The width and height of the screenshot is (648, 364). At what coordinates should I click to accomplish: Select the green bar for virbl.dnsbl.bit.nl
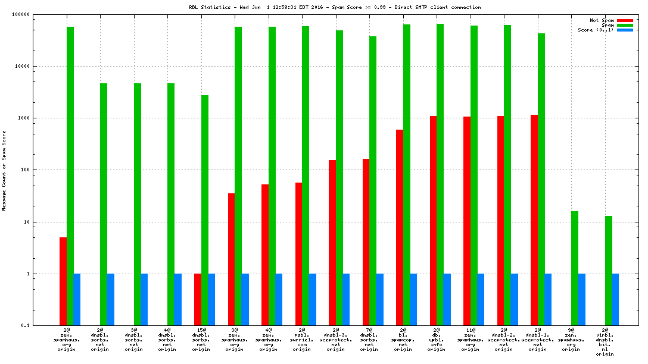tap(609, 271)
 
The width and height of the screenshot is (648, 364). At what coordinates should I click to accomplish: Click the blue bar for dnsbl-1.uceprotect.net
tap(548, 300)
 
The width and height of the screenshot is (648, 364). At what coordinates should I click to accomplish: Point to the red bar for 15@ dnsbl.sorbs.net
tap(198, 300)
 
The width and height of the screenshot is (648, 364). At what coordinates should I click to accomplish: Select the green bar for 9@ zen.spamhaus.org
tap(575, 268)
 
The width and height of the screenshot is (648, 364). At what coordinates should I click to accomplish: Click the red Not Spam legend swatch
tap(625, 20)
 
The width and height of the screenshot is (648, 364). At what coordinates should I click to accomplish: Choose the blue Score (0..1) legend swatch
tap(625, 30)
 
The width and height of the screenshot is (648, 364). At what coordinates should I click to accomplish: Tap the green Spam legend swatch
tap(625, 25)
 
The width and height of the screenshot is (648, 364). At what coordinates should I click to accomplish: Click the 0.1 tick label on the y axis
tap(24, 326)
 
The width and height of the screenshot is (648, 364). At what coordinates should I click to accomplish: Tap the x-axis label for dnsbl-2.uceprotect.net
tap(504, 339)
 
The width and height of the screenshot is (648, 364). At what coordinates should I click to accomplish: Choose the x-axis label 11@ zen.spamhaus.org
tap(470, 339)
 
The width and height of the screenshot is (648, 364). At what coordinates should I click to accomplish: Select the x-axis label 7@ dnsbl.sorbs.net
tap(369, 339)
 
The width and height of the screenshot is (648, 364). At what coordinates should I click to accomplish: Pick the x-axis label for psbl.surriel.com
tap(302, 339)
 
